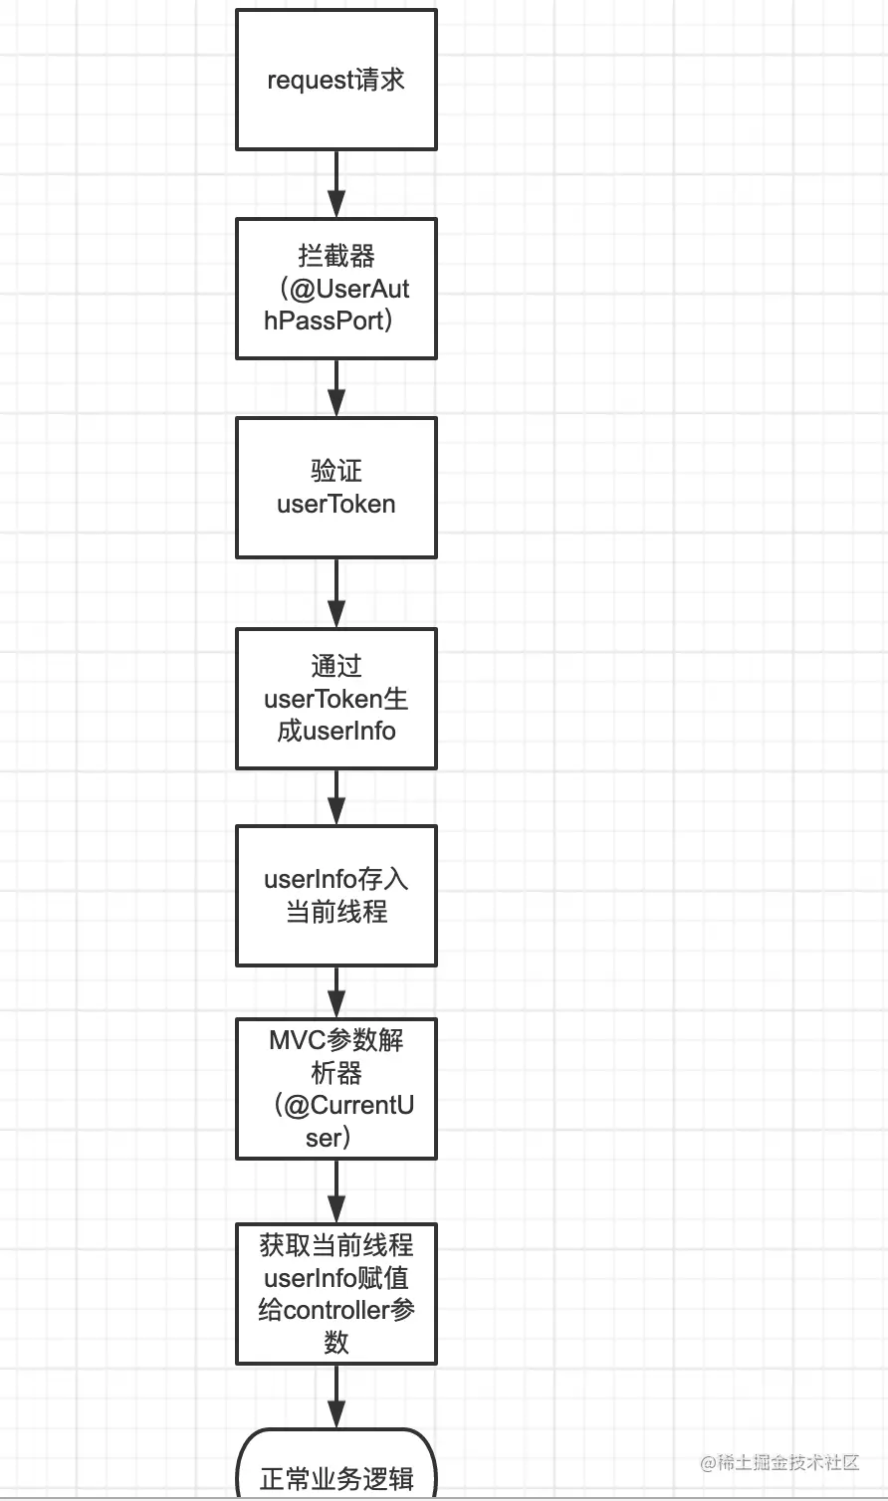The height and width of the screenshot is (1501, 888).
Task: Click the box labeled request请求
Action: [335, 80]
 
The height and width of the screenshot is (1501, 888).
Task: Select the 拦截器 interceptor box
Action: [335, 289]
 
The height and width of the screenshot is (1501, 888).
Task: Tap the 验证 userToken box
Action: [335, 488]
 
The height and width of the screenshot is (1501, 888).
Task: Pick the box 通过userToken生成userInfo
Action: [335, 699]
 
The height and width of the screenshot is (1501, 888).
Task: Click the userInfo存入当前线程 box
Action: [335, 896]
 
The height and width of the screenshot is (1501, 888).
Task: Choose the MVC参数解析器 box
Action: [335, 1089]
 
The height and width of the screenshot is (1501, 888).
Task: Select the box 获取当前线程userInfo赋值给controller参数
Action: [335, 1294]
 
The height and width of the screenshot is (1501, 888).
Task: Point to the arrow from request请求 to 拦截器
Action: [336, 184]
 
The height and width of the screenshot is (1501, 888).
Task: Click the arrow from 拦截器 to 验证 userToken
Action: [336, 388]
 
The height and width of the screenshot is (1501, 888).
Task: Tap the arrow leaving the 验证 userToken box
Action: [336, 593]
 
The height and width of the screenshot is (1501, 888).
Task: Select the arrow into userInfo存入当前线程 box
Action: [336, 797]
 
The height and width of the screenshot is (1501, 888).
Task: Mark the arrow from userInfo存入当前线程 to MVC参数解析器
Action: [336, 992]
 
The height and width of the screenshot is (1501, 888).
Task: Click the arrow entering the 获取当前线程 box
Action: [336, 1191]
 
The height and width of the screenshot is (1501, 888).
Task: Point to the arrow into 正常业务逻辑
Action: [336, 1396]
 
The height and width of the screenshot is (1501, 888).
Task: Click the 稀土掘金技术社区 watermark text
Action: [779, 1462]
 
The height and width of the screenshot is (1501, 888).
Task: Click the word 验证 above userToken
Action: [335, 471]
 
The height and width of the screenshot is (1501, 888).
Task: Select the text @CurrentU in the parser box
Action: [349, 1106]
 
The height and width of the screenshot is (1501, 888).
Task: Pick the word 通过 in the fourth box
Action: [335, 666]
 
